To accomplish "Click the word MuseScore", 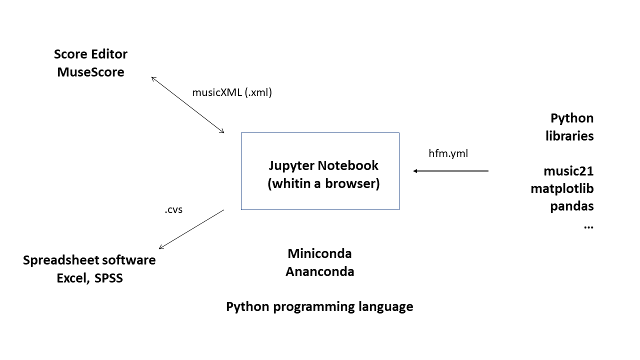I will pyautogui.click(x=90, y=72).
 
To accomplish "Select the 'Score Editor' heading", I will pyautogui.click(x=90, y=54).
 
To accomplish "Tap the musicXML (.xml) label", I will pyautogui.click(x=232, y=92).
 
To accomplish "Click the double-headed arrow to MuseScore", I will pyautogui.click(x=187, y=104).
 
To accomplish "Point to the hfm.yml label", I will pyautogui.click(x=448, y=153).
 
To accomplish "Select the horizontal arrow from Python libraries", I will pyautogui.click(x=450, y=171).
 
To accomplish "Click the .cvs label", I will pyautogui.click(x=173, y=210).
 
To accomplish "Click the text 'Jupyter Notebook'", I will pyautogui.click(x=323, y=165).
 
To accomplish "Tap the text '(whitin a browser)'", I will pyautogui.click(x=323, y=183).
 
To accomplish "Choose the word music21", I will pyautogui.click(x=568, y=171).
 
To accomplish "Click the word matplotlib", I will pyautogui.click(x=562, y=188).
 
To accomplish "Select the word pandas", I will pyautogui.click(x=572, y=206).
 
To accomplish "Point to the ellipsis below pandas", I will pyautogui.click(x=588, y=226).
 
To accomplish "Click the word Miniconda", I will pyautogui.click(x=319, y=253).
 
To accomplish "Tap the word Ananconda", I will pyautogui.click(x=319, y=271).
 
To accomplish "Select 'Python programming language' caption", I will pyautogui.click(x=319, y=306).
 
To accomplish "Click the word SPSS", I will pyautogui.click(x=108, y=278).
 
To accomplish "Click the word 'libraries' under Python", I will pyautogui.click(x=569, y=136).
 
